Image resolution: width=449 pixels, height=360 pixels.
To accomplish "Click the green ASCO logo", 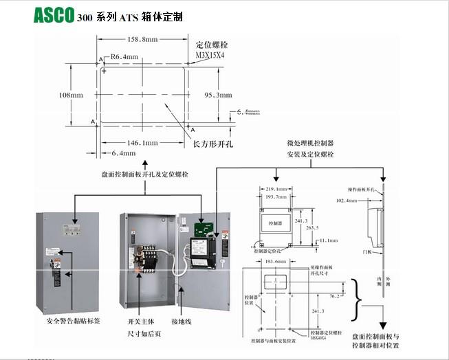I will [54, 15].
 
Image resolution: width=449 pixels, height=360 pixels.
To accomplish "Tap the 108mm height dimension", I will [72, 93].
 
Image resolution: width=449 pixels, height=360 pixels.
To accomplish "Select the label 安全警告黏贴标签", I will [73, 321].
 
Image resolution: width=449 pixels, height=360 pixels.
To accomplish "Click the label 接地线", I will [183, 321].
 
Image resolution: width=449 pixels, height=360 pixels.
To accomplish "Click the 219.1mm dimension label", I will [276, 188].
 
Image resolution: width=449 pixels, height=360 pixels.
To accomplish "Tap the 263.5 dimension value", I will [313, 228].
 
